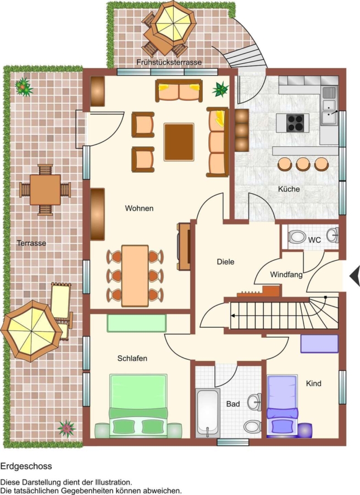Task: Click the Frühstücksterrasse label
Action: pos(169,62)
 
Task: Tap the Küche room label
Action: pos(289,189)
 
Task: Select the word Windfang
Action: pos(286,274)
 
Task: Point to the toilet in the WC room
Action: pos(297,237)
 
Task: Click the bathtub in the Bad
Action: pos(208,413)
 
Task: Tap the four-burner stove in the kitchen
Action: pos(295,123)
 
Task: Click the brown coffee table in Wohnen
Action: pos(179,142)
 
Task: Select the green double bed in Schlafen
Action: pos(138,405)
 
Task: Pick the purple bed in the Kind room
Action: pos(283,406)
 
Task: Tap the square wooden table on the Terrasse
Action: pos(45,190)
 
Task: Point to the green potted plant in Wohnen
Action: pos(220,89)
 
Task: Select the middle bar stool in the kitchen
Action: pos(303,164)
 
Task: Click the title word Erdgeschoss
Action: pos(26,466)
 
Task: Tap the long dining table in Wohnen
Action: pos(135,276)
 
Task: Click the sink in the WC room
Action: pos(332,235)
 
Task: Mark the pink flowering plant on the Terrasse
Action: pos(67,428)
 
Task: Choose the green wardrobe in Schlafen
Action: pos(137,323)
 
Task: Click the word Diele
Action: pos(225,262)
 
